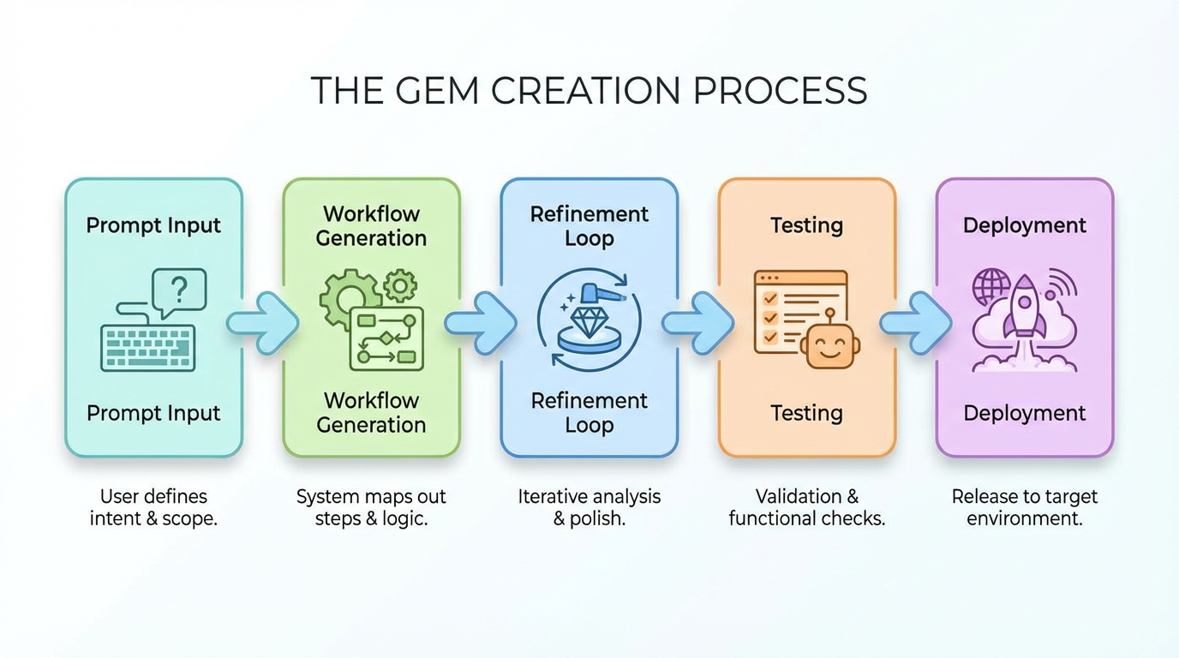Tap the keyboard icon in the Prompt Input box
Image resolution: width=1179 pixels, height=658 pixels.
pyautogui.click(x=147, y=347)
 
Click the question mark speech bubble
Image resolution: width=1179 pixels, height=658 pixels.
pyautogui.click(x=178, y=291)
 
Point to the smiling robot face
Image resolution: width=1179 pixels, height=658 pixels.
pyautogui.click(x=829, y=347)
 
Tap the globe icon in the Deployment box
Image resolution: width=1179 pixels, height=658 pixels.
pyautogui.click(x=990, y=285)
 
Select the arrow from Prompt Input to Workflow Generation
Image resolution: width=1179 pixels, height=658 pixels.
pyautogui.click(x=262, y=323)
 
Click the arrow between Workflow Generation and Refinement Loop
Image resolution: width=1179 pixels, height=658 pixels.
pyautogui.click(x=480, y=323)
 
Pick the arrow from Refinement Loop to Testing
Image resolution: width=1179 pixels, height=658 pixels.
pyautogui.click(x=697, y=323)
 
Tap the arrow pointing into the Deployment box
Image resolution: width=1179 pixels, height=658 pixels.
pyautogui.click(x=915, y=323)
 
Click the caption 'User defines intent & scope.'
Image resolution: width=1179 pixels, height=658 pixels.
pyautogui.click(x=154, y=507)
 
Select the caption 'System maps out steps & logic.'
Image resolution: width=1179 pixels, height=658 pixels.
pyautogui.click(x=371, y=507)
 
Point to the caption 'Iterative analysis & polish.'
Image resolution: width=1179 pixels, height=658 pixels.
pyautogui.click(x=589, y=507)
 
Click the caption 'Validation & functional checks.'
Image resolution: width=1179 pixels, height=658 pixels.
pyautogui.click(x=806, y=507)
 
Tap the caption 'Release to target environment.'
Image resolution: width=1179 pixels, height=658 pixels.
pyautogui.click(x=1024, y=507)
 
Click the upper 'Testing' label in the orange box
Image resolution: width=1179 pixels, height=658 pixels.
pyautogui.click(x=806, y=225)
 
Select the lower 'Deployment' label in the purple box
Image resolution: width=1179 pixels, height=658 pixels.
pyautogui.click(x=1024, y=413)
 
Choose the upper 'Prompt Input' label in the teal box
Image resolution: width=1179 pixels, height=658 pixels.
pyautogui.click(x=154, y=225)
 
